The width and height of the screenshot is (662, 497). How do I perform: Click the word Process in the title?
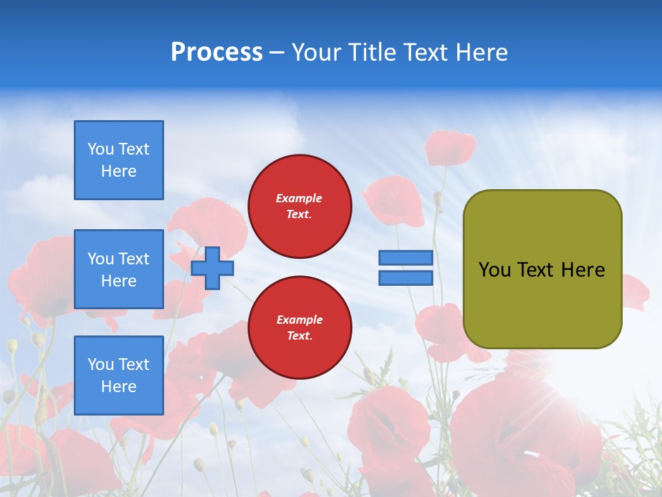(x=217, y=52)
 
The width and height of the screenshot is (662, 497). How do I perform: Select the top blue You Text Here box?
(x=119, y=160)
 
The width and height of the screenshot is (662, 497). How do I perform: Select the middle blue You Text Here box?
(x=119, y=269)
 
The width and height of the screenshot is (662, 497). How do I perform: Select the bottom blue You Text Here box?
(x=119, y=376)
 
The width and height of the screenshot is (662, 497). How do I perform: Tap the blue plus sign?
(x=212, y=268)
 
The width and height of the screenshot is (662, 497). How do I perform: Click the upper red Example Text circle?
(x=300, y=206)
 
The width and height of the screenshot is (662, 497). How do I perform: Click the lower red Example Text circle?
(x=300, y=328)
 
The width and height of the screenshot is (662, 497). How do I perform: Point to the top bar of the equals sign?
(x=405, y=258)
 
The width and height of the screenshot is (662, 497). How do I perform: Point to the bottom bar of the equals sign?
(x=405, y=277)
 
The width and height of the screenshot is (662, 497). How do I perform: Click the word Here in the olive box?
(x=583, y=270)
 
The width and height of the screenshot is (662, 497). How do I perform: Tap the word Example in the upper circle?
(x=299, y=198)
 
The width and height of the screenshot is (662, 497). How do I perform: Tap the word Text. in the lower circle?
(x=299, y=336)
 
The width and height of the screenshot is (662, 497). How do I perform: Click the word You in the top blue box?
(x=100, y=149)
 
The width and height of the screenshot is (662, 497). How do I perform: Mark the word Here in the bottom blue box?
(x=119, y=387)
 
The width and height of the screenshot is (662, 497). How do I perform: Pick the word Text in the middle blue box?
(x=133, y=259)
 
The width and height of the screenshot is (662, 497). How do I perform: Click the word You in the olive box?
(x=494, y=270)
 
